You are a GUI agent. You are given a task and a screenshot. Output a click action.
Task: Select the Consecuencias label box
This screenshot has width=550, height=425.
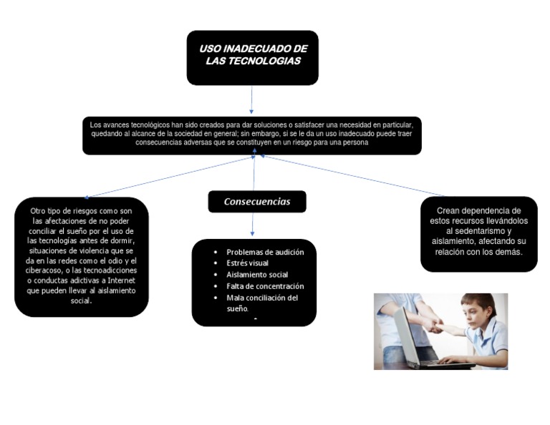click(x=257, y=202)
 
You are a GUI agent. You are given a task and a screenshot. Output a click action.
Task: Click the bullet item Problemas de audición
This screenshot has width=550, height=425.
click(x=265, y=253)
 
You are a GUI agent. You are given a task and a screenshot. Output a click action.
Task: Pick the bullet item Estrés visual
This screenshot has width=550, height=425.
click(x=247, y=263)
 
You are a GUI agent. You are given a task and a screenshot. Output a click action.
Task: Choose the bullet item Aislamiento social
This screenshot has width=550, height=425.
click(x=257, y=275)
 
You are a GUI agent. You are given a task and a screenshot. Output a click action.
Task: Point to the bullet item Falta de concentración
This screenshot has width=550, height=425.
click(x=265, y=286)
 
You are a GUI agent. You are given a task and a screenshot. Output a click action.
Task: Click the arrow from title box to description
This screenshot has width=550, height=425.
click(x=251, y=99)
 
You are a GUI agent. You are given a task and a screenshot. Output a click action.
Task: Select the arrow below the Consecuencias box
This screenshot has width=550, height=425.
click(x=253, y=224)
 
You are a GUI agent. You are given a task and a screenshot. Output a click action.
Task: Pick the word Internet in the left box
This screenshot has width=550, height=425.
click(x=121, y=280)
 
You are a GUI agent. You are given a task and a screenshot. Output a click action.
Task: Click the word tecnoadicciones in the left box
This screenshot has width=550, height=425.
click(x=110, y=270)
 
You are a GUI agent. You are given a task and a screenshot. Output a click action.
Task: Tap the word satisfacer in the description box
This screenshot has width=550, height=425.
click(x=309, y=124)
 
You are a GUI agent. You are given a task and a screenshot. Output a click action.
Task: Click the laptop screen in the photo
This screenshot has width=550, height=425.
click(x=407, y=336)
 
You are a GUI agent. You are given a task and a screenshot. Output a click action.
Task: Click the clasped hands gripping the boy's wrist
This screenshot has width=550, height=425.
click(x=434, y=324)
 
